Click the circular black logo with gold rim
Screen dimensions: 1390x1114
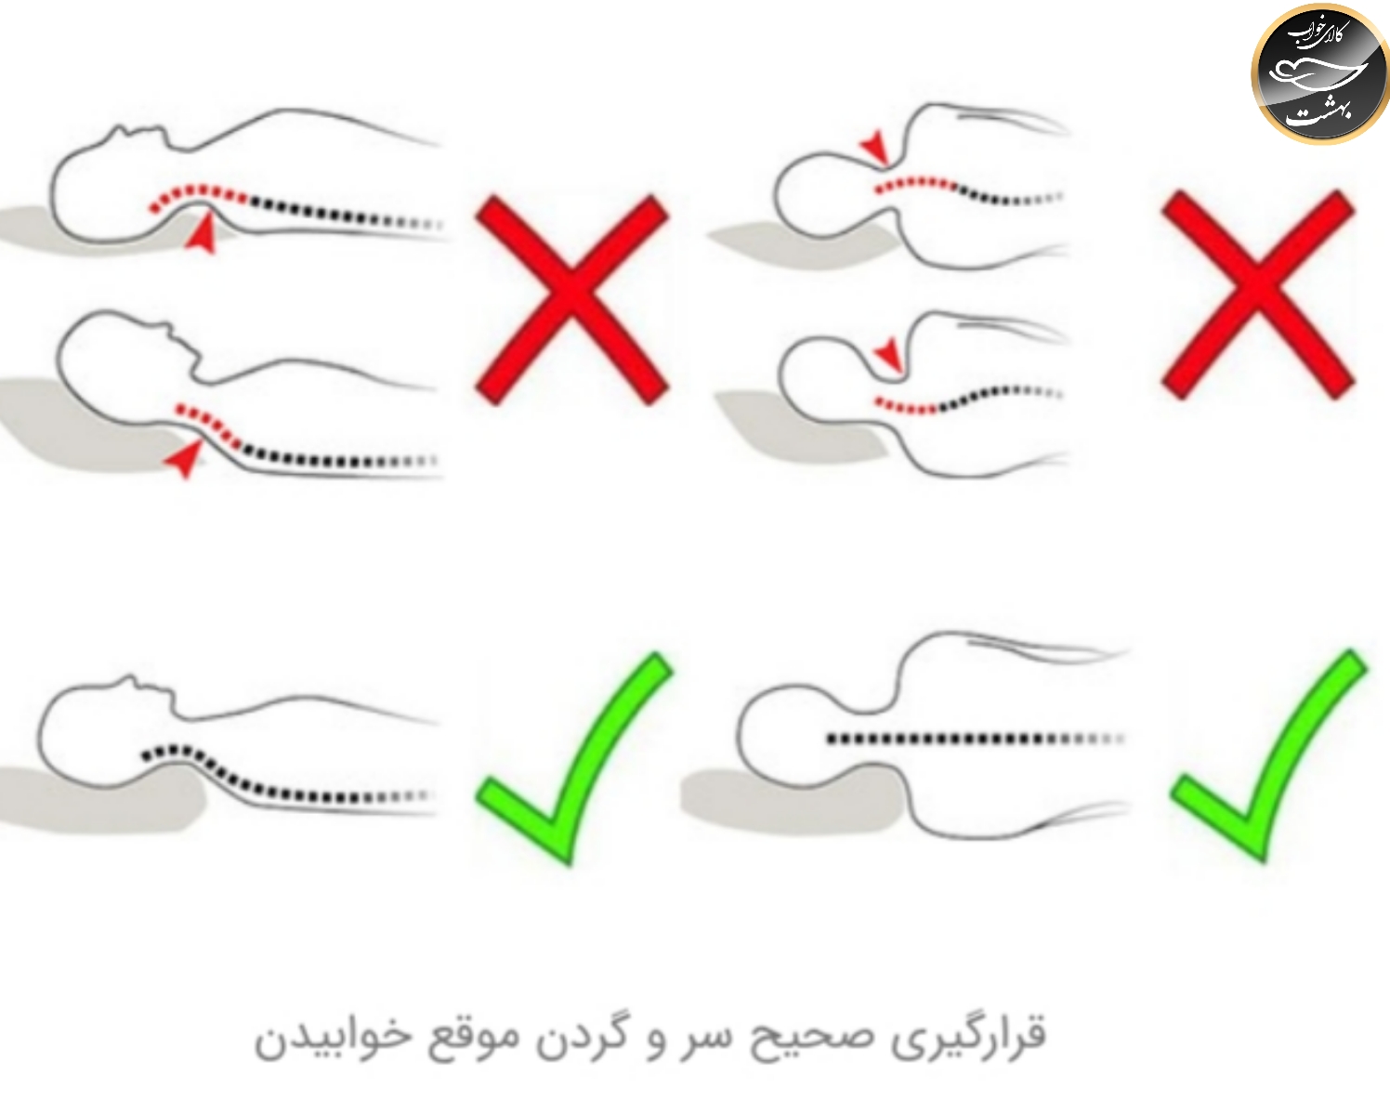tap(1319, 73)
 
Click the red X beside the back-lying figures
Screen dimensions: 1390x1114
tap(572, 300)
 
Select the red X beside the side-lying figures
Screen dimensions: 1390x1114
tap(1257, 295)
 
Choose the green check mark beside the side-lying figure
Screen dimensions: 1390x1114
tap(1268, 755)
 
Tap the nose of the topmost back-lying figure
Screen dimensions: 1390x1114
tap(119, 128)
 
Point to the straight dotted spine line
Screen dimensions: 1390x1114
tap(976, 739)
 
